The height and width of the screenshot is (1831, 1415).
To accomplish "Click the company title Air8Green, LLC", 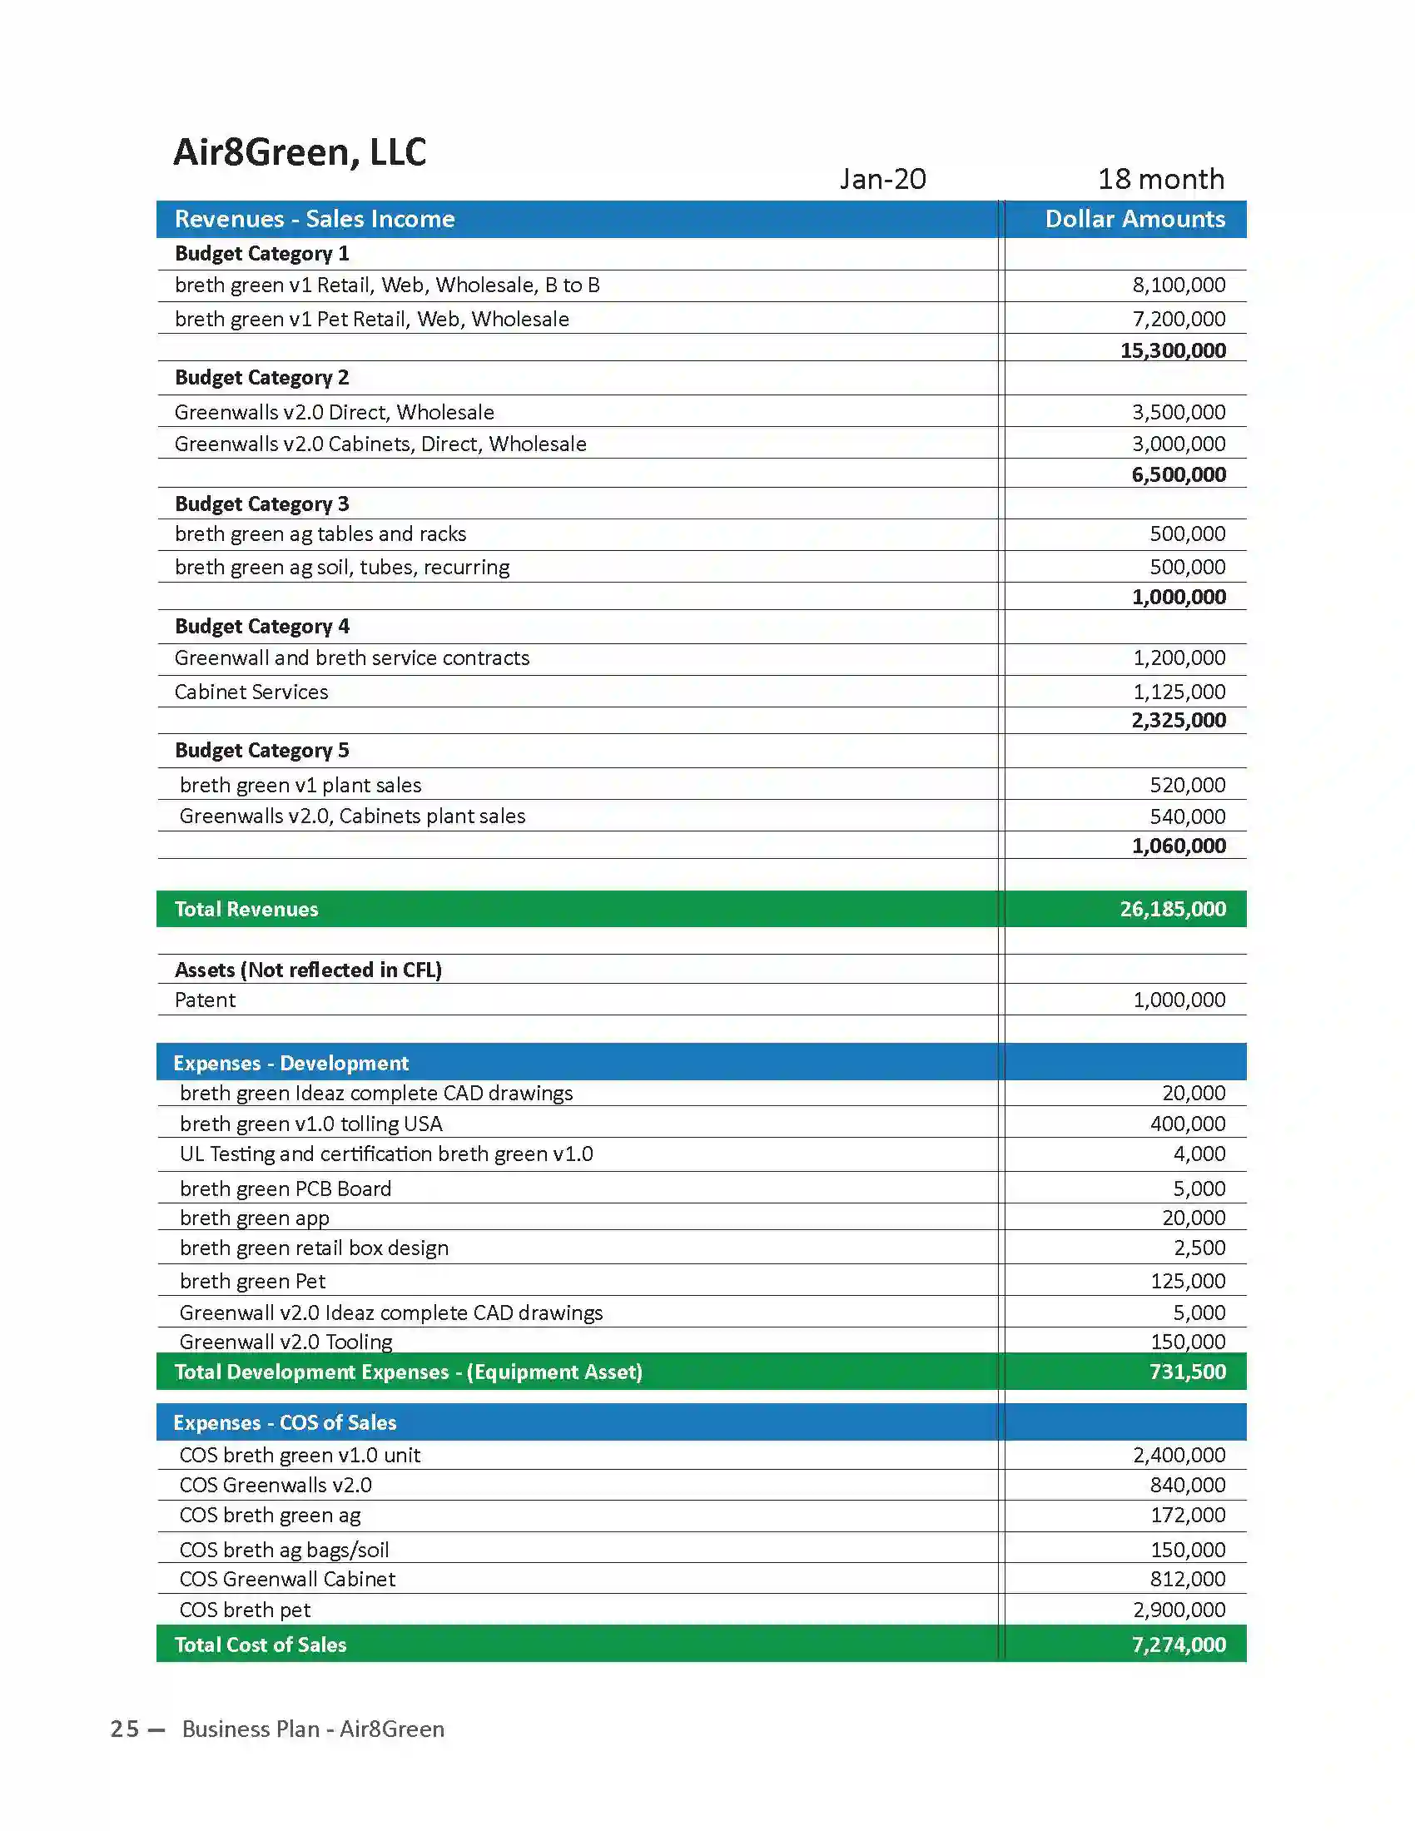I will tap(300, 152).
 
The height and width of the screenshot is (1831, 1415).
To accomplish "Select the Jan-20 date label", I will tap(882, 180).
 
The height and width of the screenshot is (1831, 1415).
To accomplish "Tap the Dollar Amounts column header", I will tap(1134, 220).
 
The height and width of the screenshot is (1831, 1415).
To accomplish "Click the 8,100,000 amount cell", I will tap(1179, 285).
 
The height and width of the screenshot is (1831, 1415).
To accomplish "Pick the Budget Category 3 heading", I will tap(261, 504).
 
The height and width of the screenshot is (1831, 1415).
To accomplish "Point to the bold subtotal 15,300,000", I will tap(1173, 350).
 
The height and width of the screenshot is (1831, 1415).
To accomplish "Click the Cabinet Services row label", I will tap(251, 692).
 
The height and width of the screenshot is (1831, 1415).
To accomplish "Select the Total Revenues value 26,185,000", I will tap(1173, 910).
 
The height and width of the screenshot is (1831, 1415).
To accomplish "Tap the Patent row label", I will tap(206, 1000).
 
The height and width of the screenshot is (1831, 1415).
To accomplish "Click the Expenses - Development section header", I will tap(290, 1064).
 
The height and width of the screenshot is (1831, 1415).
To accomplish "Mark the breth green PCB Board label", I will tap(285, 1188).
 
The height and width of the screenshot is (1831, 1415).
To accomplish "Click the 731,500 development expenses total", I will tap(1187, 1372).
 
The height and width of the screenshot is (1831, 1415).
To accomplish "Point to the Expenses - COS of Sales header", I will tap(285, 1422).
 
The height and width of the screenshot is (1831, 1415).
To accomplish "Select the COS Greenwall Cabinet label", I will tap(286, 1580).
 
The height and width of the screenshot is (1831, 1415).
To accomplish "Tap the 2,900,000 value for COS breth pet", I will tap(1179, 1610).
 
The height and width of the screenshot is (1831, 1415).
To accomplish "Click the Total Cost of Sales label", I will tap(261, 1645).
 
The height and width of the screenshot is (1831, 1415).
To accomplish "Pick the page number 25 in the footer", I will tap(125, 1729).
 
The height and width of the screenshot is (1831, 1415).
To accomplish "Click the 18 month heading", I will tap(1161, 180).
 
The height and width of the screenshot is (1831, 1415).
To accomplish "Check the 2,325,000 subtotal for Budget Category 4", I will tap(1179, 721).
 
